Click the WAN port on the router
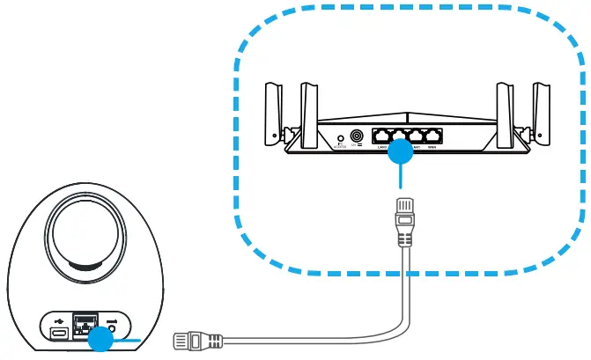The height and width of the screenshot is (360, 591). [x=432, y=136]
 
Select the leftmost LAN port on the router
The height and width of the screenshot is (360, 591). [x=380, y=136]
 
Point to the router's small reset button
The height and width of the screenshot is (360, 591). [x=341, y=139]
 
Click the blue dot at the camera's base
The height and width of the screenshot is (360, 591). [x=103, y=339]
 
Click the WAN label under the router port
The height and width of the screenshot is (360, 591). [x=432, y=148]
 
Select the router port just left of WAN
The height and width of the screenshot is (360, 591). [x=414, y=136]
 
